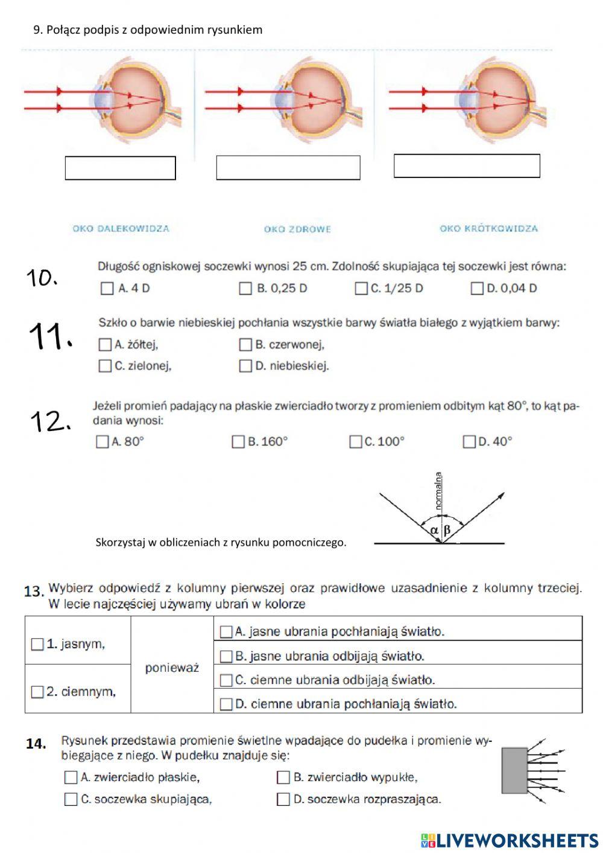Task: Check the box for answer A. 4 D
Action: point(107,289)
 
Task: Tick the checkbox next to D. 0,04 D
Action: point(477,289)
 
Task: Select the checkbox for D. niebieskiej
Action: point(245,366)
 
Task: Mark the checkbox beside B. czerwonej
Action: point(245,345)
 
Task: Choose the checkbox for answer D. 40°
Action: point(469,442)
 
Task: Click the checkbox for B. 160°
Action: point(238,442)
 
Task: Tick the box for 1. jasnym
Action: point(37,644)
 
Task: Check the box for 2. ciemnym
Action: point(37,692)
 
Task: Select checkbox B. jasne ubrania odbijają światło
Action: point(226,656)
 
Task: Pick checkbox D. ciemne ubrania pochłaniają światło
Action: point(226,704)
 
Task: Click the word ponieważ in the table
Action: point(172,668)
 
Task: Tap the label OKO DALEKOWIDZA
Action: point(121,229)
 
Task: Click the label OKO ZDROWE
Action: point(297,229)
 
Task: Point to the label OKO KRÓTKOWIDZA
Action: point(488,229)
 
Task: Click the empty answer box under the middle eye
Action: point(288,168)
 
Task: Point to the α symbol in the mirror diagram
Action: point(434,531)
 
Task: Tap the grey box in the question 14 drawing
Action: point(514,770)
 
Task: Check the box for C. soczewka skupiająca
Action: point(71,799)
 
